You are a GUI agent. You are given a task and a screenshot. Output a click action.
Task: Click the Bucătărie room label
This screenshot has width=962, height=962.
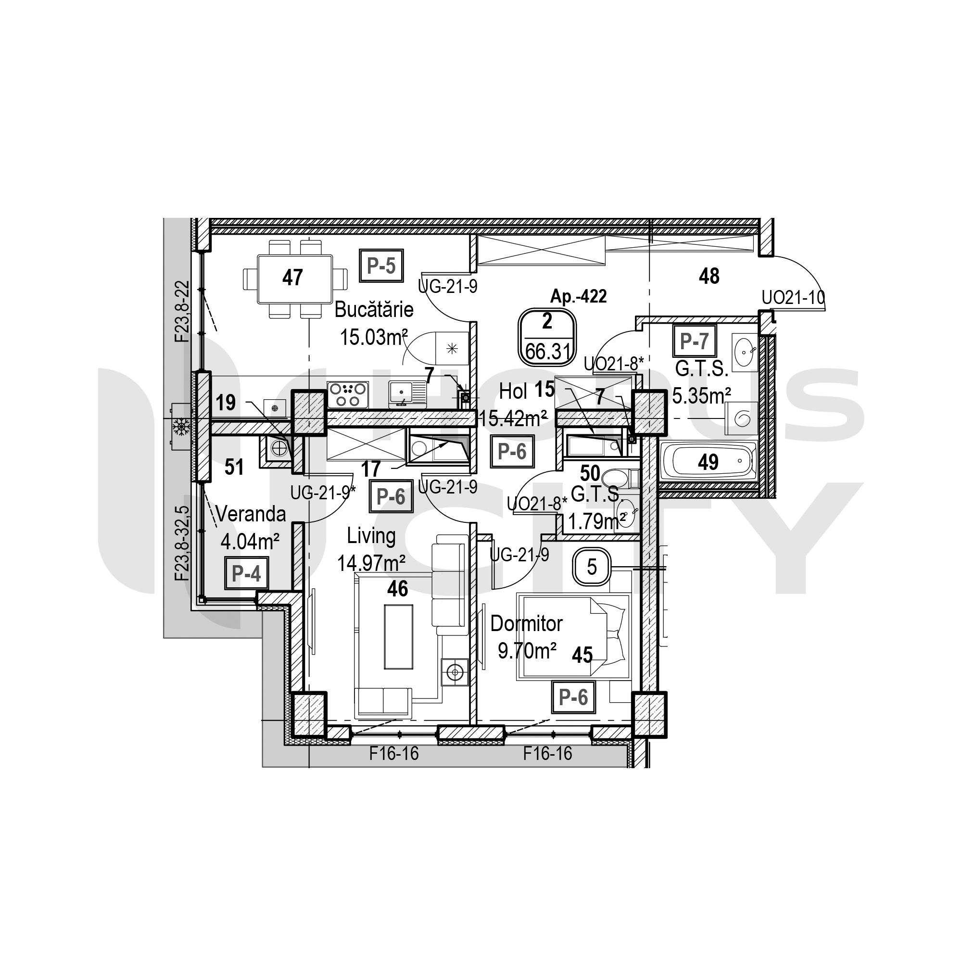coord(374,310)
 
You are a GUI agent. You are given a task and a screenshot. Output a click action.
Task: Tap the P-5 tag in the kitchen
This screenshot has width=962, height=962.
coord(381,266)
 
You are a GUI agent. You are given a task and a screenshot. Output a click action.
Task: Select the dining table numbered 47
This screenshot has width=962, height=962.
coord(295,279)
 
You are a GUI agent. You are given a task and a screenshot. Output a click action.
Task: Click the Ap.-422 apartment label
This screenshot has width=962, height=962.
coord(578,296)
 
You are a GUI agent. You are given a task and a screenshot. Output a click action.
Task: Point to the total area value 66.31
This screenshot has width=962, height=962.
coord(548,352)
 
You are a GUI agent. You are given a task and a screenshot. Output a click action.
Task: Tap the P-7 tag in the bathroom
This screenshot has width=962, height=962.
coord(694,341)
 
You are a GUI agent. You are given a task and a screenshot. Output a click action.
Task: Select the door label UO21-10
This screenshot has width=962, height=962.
coord(793,298)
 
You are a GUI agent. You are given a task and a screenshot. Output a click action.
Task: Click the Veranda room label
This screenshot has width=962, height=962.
coord(251,514)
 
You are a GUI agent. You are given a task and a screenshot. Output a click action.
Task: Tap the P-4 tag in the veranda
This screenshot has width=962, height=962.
coord(246,573)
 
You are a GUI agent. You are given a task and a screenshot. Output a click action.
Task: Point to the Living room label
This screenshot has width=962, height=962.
coord(371,536)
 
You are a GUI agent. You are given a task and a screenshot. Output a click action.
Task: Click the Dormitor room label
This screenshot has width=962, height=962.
coord(526,623)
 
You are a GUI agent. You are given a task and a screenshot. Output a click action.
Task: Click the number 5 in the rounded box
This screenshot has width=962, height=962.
coord(592,567)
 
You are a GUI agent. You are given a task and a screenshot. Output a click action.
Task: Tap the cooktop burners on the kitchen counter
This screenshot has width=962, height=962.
coord(348,395)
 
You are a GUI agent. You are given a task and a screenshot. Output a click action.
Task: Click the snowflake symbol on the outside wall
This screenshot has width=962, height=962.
coord(180,426)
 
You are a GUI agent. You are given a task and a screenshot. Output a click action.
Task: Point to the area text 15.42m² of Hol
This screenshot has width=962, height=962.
coord(513,418)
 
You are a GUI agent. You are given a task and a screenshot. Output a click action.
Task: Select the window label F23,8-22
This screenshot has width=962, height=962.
coord(182,312)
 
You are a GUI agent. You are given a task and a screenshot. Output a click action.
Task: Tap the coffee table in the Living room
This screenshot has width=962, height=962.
coord(398,637)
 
